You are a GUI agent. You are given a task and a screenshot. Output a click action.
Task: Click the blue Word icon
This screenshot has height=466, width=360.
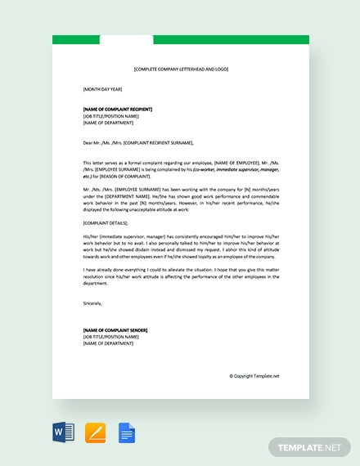pos(64,432)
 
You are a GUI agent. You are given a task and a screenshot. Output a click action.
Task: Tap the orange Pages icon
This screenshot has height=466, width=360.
pos(96,432)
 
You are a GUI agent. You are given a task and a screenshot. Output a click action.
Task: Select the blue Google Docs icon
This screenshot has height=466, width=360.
pos(127,432)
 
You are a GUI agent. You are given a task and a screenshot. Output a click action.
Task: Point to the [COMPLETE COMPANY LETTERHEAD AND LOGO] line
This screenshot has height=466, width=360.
pos(180,69)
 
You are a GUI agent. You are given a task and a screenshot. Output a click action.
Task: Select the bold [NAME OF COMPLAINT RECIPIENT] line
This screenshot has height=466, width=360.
pos(118,109)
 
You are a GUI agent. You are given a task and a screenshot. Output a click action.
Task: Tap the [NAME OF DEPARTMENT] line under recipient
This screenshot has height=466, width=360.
pos(108,123)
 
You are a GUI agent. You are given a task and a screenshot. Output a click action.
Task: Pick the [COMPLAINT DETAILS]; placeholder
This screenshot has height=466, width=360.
pos(106,222)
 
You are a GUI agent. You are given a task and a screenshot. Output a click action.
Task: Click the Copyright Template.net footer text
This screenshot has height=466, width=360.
pos(254,376)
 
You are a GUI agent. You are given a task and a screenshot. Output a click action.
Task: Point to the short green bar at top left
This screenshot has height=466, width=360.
pos(75,39)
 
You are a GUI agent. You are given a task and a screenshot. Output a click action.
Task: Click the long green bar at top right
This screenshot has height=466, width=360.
pos(231,39)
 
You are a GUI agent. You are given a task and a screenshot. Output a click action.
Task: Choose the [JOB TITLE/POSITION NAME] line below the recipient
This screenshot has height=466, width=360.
pos(111,116)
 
